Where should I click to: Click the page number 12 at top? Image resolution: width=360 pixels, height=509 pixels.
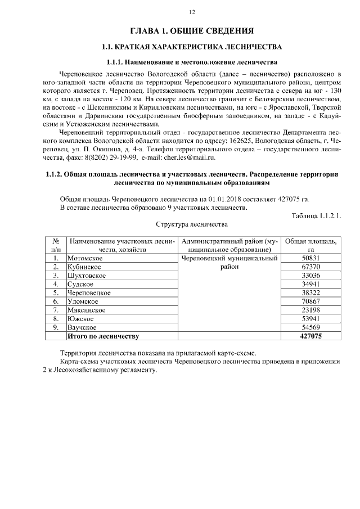click(192, 12)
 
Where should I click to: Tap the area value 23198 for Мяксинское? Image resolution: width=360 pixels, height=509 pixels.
click(310, 310)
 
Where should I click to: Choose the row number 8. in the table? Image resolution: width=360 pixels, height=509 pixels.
click(56, 318)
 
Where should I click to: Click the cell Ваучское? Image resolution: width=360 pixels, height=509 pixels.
click(83, 327)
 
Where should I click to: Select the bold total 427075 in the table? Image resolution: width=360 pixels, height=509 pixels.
click(310, 336)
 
